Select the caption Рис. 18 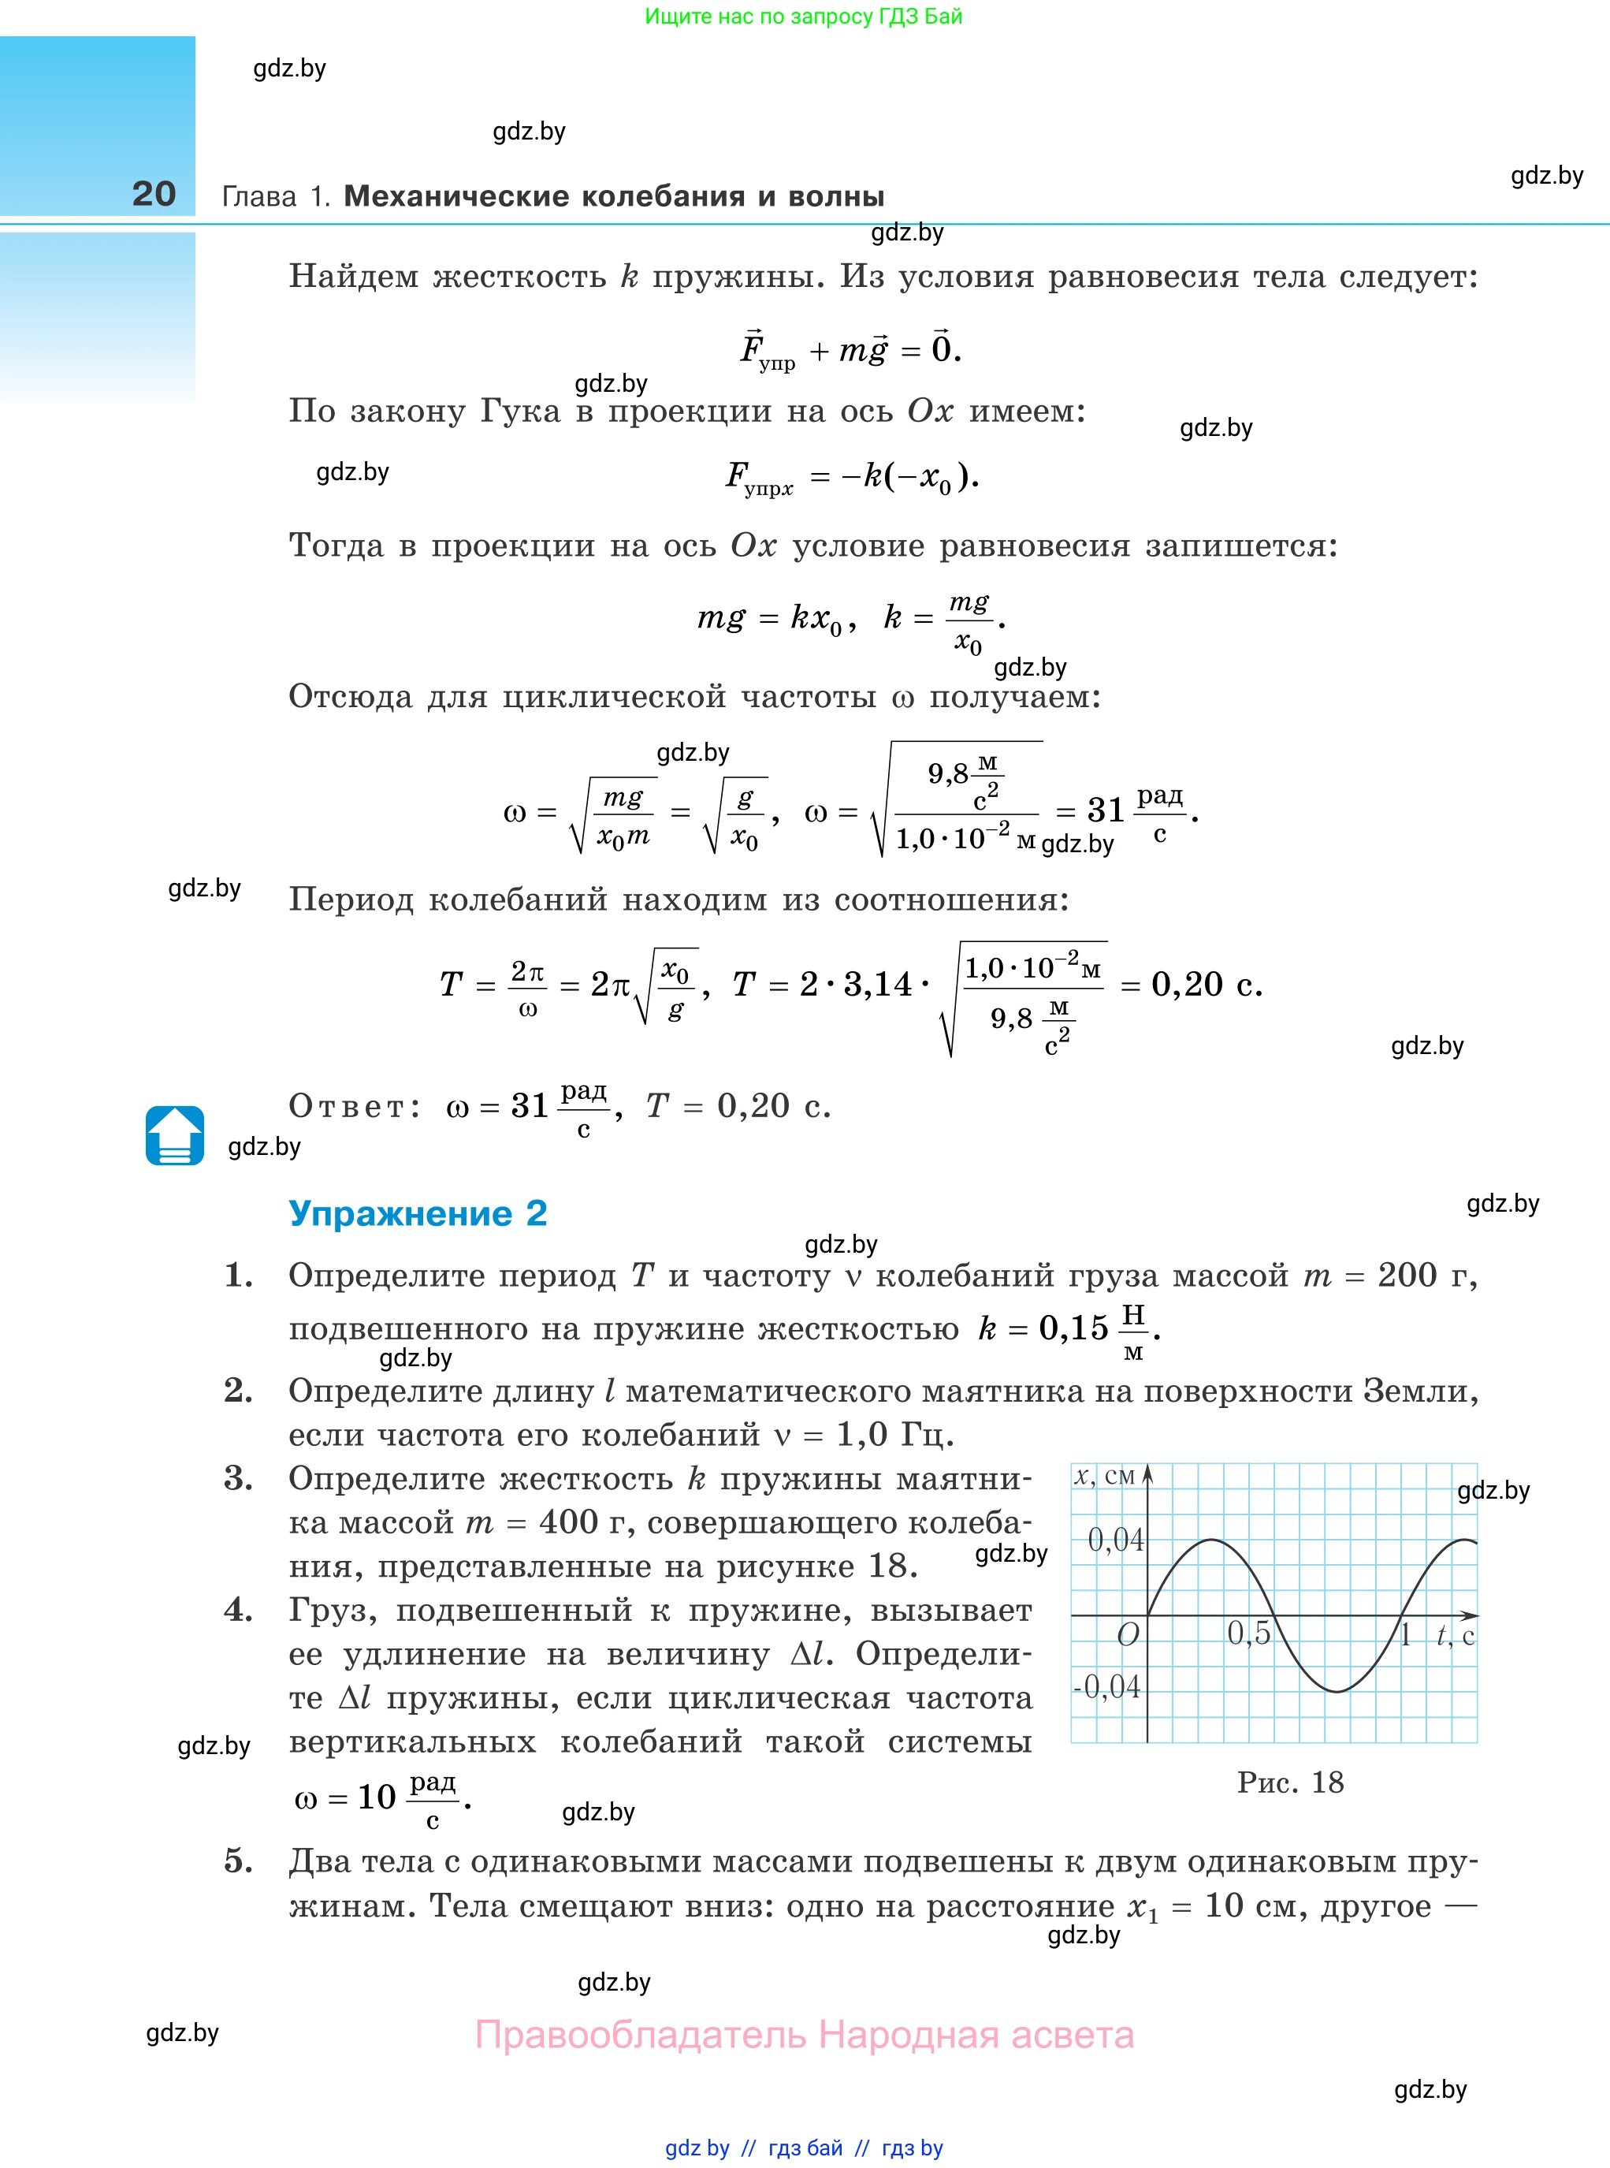(x=1290, y=1782)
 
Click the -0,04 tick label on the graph (x=1107, y=1686)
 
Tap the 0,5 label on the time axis (x=1248, y=1633)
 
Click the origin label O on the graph (x=1128, y=1635)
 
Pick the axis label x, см (x=1104, y=1476)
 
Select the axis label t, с (x=1455, y=1635)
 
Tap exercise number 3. (x=238, y=1479)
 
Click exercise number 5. (x=238, y=1861)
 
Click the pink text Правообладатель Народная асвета (x=804, y=2036)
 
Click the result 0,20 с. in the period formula (x=1206, y=985)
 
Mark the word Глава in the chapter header (x=259, y=197)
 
